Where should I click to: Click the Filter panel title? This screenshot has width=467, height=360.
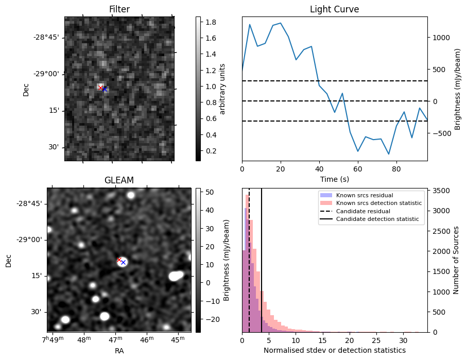coord(119,9)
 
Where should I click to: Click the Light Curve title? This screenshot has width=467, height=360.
coord(334,9)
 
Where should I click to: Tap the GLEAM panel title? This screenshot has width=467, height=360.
coord(119,180)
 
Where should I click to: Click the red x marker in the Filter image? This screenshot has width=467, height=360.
coord(100,88)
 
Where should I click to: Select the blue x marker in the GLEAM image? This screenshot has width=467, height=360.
coord(123,262)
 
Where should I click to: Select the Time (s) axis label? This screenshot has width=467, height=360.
coord(334,178)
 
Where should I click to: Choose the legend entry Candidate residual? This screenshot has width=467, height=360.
coord(363,211)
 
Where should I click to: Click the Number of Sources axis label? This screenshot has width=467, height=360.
coord(456,260)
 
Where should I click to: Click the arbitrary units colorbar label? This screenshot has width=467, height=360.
coord(222,89)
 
